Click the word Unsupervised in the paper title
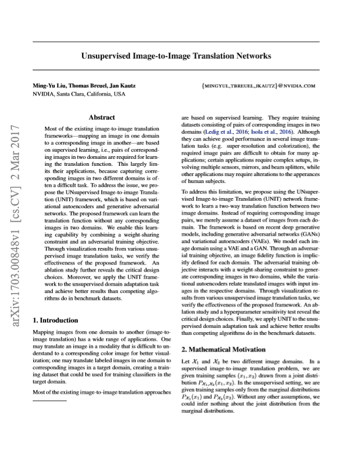tap(107, 55)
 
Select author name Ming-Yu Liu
tap(50, 85)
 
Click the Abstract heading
tap(102, 117)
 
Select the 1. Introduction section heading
tap(56, 320)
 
